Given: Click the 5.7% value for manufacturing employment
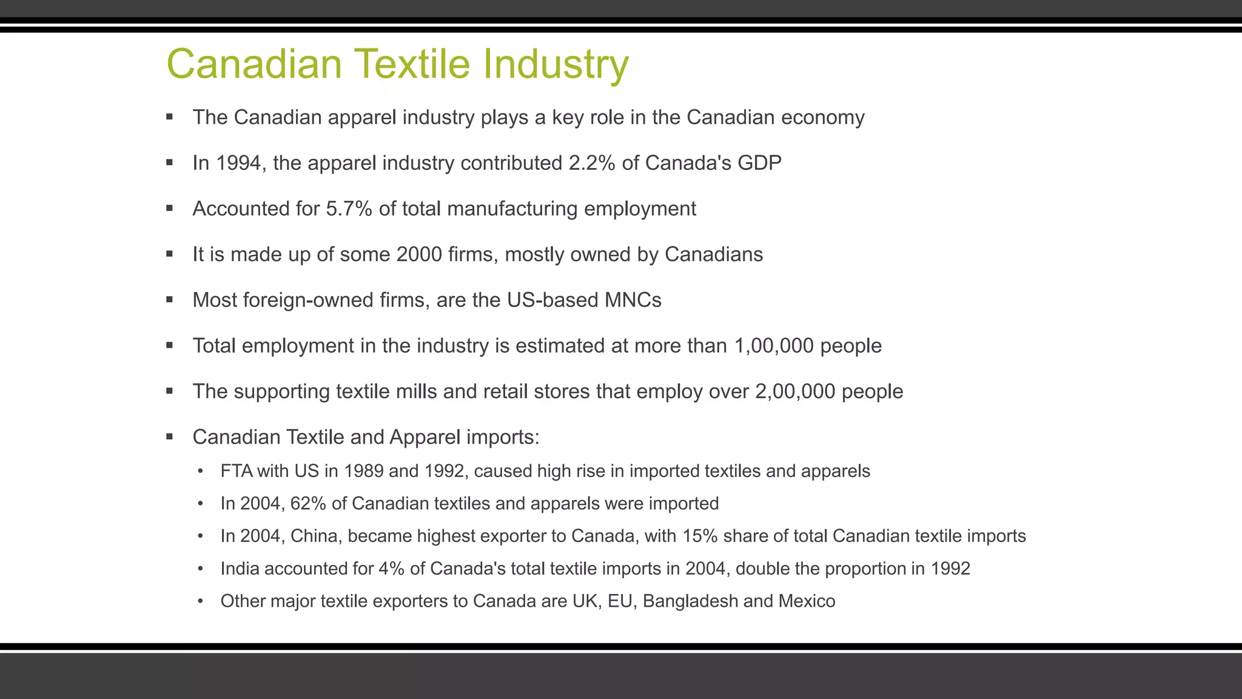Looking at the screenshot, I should tap(349, 209).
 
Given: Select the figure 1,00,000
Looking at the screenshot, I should tap(773, 346).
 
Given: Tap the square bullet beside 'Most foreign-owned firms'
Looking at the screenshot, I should tap(170, 300).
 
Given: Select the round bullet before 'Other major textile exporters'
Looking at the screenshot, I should tap(201, 601).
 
